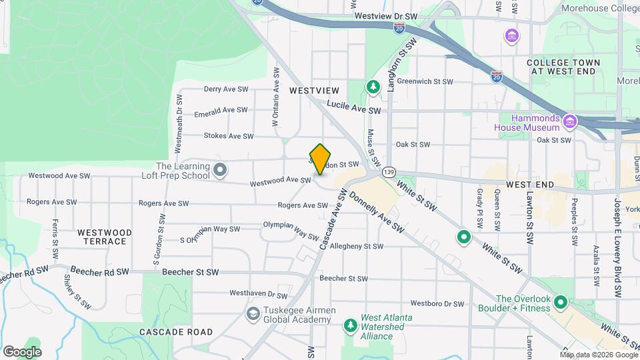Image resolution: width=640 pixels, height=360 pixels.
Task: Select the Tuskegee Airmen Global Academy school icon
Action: point(253,313)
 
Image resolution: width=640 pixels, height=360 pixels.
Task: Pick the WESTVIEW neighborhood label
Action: point(314,90)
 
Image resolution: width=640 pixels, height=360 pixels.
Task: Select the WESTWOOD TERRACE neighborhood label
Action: point(105,237)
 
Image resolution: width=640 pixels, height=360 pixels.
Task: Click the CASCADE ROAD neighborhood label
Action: point(176,331)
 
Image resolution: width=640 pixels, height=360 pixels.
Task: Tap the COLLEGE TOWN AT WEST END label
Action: point(563,67)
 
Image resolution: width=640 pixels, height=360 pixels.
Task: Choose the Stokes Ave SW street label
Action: point(229,136)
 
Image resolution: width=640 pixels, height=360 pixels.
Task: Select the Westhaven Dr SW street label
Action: point(258,293)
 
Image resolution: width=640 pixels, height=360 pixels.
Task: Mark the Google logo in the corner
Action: point(22,351)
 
